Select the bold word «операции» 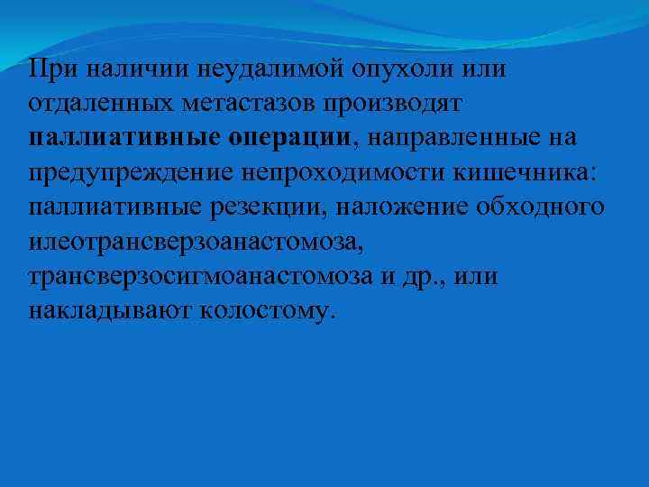(x=288, y=138)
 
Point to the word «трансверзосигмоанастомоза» (x=206, y=277)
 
